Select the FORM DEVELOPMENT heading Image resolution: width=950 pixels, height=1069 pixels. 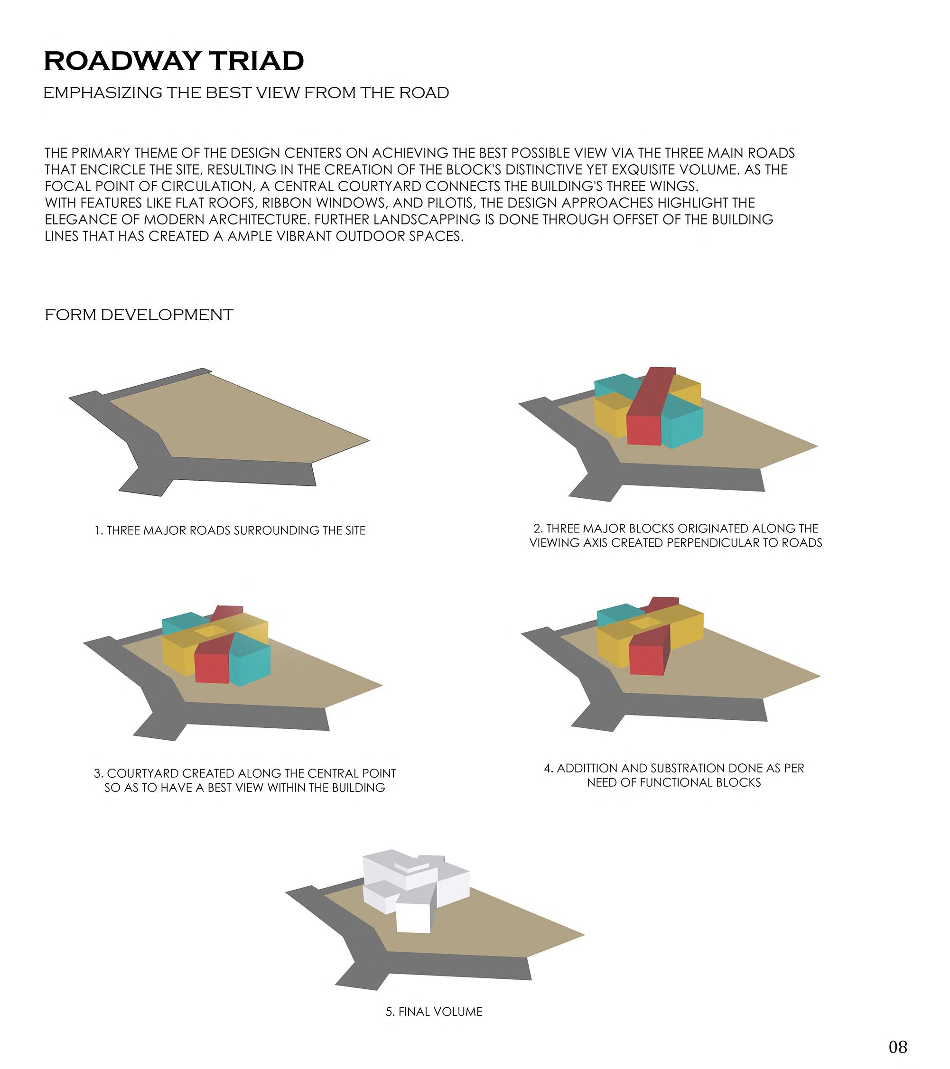pos(139,315)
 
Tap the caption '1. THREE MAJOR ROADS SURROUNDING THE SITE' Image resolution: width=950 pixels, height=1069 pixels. pos(230,530)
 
